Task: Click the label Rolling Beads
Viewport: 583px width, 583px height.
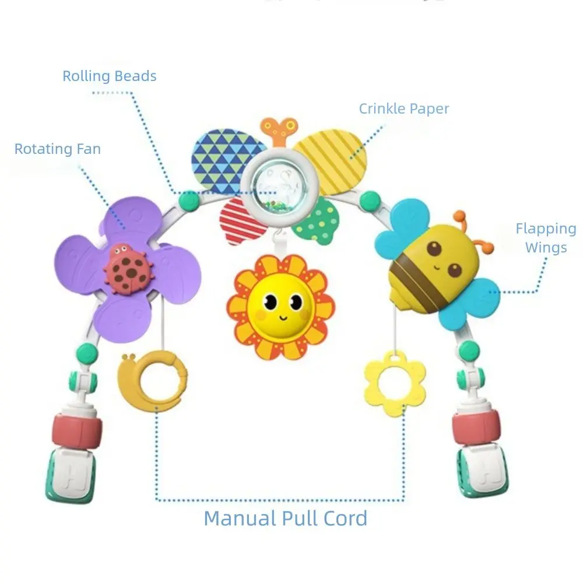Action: [x=110, y=76]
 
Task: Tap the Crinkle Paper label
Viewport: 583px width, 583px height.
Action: [x=404, y=108]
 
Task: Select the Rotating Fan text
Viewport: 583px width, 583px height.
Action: [x=58, y=149]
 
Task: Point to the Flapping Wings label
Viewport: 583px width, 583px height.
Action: [x=546, y=238]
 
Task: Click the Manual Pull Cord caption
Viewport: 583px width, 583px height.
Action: [x=286, y=518]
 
